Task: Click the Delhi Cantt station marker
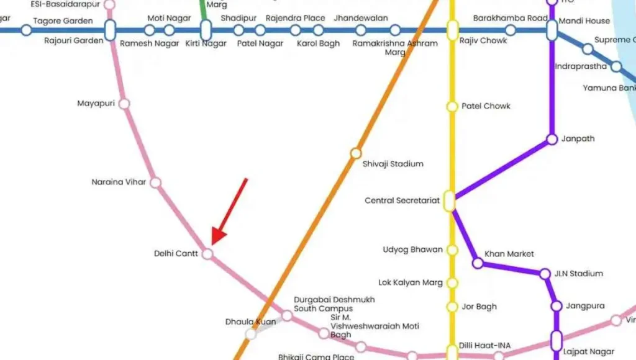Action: [x=207, y=254]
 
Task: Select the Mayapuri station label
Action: [x=96, y=103]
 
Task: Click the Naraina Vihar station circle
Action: [x=156, y=182]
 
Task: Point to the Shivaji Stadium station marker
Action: [x=355, y=153]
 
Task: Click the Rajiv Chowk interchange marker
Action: [x=452, y=30]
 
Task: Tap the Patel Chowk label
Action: [x=486, y=106]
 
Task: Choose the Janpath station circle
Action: [x=552, y=140]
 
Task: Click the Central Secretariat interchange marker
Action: [x=449, y=201]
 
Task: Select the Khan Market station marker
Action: [x=478, y=263]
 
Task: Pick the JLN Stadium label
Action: [x=579, y=274]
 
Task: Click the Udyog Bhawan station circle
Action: [x=452, y=250]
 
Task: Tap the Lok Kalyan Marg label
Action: [x=411, y=283]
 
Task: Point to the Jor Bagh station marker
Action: [x=452, y=307]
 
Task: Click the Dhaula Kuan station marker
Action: [x=251, y=334]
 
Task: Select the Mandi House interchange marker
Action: [x=552, y=30]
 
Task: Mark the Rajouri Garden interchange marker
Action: [x=110, y=30]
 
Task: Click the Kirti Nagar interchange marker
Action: [x=206, y=30]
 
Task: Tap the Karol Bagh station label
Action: [x=318, y=44]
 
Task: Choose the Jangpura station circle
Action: [x=556, y=306]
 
